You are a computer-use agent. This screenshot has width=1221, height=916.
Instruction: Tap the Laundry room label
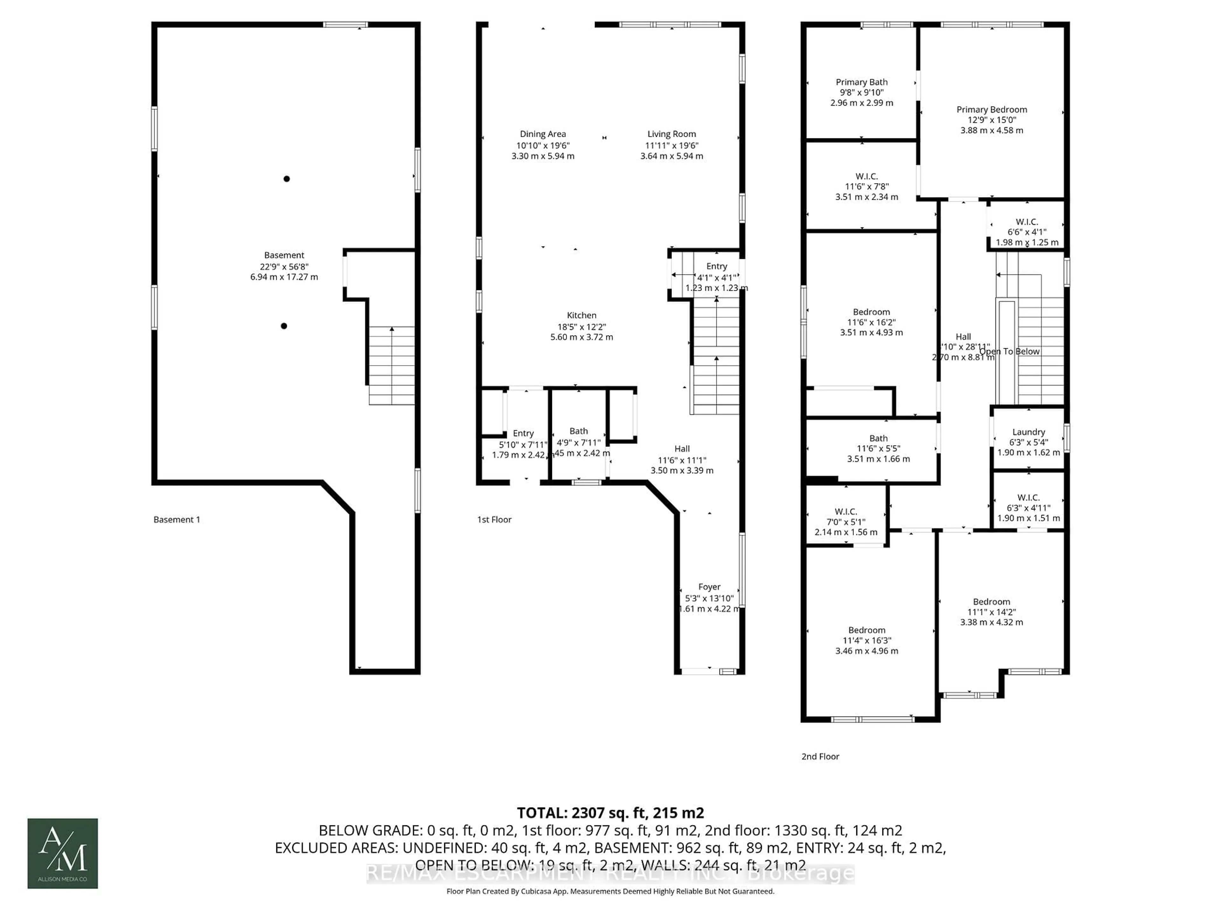(1028, 432)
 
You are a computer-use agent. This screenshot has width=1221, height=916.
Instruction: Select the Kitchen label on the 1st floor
(581, 315)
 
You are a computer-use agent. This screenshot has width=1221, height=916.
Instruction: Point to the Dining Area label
(542, 134)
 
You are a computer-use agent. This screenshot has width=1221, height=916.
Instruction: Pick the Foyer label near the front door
(709, 587)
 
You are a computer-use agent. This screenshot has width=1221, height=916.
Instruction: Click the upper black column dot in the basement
(286, 179)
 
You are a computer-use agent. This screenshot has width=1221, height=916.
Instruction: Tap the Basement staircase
(391, 365)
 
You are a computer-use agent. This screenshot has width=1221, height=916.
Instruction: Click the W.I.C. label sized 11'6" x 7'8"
(866, 176)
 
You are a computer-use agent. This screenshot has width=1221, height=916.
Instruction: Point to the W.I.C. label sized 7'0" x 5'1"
(846, 511)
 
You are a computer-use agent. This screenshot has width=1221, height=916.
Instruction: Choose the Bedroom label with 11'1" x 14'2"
(991, 602)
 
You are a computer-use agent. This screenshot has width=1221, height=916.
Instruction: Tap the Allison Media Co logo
(63, 853)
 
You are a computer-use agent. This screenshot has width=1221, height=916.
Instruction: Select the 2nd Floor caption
(820, 756)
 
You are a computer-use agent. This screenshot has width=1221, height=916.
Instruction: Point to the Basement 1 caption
(177, 520)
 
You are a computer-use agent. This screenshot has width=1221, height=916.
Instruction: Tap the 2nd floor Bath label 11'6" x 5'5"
(878, 438)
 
